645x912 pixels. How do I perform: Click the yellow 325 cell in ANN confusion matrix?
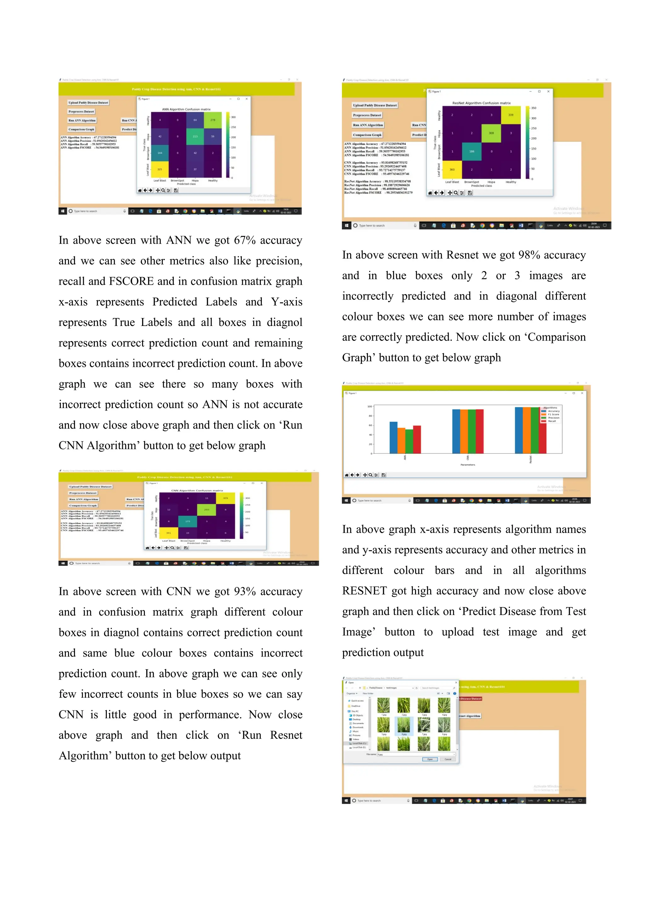pyautogui.click(x=160, y=169)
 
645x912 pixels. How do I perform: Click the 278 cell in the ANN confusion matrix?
pyautogui.click(x=213, y=120)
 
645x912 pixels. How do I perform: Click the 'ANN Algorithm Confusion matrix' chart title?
pyautogui.click(x=186, y=109)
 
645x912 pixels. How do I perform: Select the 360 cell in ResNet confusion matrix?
pyautogui.click(x=452, y=169)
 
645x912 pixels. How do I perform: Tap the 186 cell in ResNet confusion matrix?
pyautogui.click(x=471, y=151)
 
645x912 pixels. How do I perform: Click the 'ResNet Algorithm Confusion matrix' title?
pyautogui.click(x=481, y=103)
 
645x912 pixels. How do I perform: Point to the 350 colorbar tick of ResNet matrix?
pyautogui.click(x=534, y=108)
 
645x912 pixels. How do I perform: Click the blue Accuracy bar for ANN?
pyautogui.click(x=393, y=437)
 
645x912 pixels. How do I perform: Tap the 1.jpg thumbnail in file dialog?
pyautogui.click(x=383, y=705)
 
